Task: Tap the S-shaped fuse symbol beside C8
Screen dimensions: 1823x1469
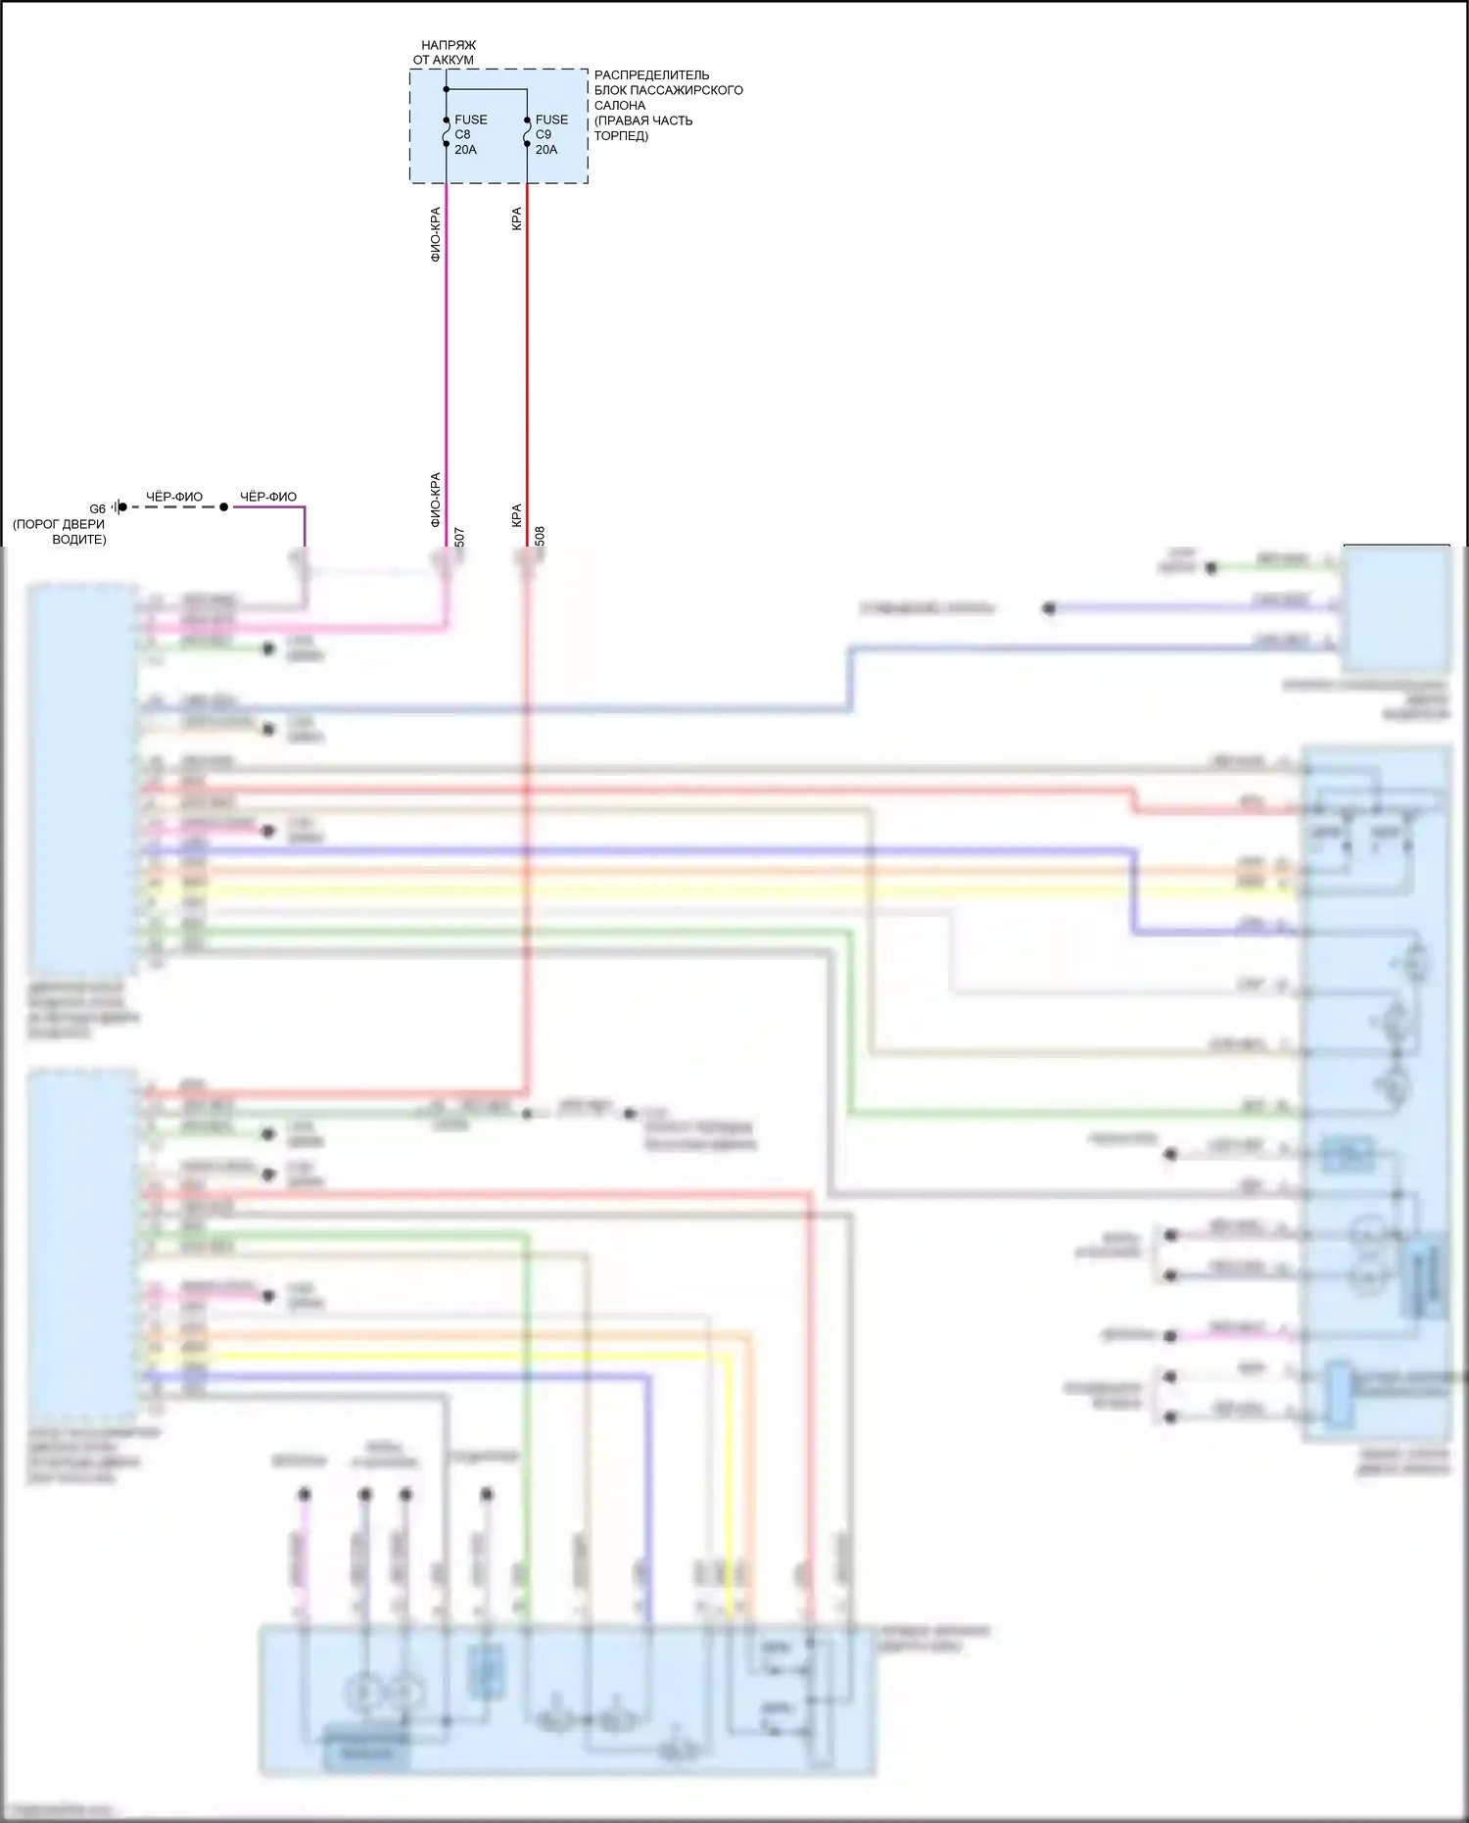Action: click(x=447, y=131)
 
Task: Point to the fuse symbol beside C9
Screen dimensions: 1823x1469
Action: click(x=527, y=131)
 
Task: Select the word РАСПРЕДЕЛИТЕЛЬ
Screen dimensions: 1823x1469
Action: click(x=651, y=75)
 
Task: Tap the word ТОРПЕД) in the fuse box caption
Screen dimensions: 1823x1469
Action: click(x=621, y=136)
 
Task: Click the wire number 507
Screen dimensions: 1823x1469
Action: click(x=459, y=537)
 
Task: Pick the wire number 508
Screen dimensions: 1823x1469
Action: click(x=540, y=537)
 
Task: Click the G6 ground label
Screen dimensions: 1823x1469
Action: click(x=97, y=509)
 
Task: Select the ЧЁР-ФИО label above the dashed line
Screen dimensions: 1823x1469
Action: click(x=174, y=497)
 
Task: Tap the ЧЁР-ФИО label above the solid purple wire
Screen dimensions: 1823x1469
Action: click(x=268, y=497)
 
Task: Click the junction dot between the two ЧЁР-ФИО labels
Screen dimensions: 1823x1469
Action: click(x=224, y=507)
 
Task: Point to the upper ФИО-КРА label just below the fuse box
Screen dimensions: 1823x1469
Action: click(x=436, y=234)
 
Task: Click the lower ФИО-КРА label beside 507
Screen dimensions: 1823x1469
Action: click(x=436, y=500)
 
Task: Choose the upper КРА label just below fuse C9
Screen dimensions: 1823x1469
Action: click(x=516, y=218)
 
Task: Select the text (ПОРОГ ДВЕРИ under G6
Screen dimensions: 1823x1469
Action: click(x=59, y=524)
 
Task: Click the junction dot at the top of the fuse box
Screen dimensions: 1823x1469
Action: click(x=447, y=90)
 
